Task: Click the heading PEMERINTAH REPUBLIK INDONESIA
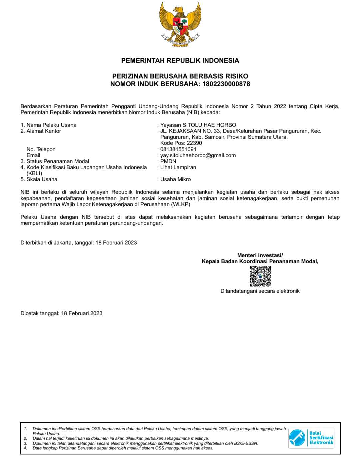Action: tap(180, 61)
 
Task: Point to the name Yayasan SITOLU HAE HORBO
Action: tap(198, 125)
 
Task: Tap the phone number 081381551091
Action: tap(178, 149)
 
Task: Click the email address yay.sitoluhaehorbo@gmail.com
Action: tap(198, 155)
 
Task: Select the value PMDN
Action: tap(168, 161)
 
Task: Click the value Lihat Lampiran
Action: tap(178, 167)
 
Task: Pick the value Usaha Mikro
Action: tap(175, 179)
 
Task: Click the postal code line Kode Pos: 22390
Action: tap(181, 143)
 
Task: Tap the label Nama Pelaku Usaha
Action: tap(51, 125)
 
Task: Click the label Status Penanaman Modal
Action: tap(58, 161)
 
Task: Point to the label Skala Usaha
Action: tap(42, 179)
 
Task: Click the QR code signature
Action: tap(260, 276)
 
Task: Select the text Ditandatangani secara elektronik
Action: tap(260, 291)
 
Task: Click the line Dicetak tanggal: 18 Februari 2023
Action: tap(61, 313)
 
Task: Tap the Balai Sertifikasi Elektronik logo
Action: tap(311, 438)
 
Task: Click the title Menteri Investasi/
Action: tap(260, 255)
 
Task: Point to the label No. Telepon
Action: tap(41, 149)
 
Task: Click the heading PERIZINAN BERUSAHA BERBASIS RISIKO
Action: tap(180, 76)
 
